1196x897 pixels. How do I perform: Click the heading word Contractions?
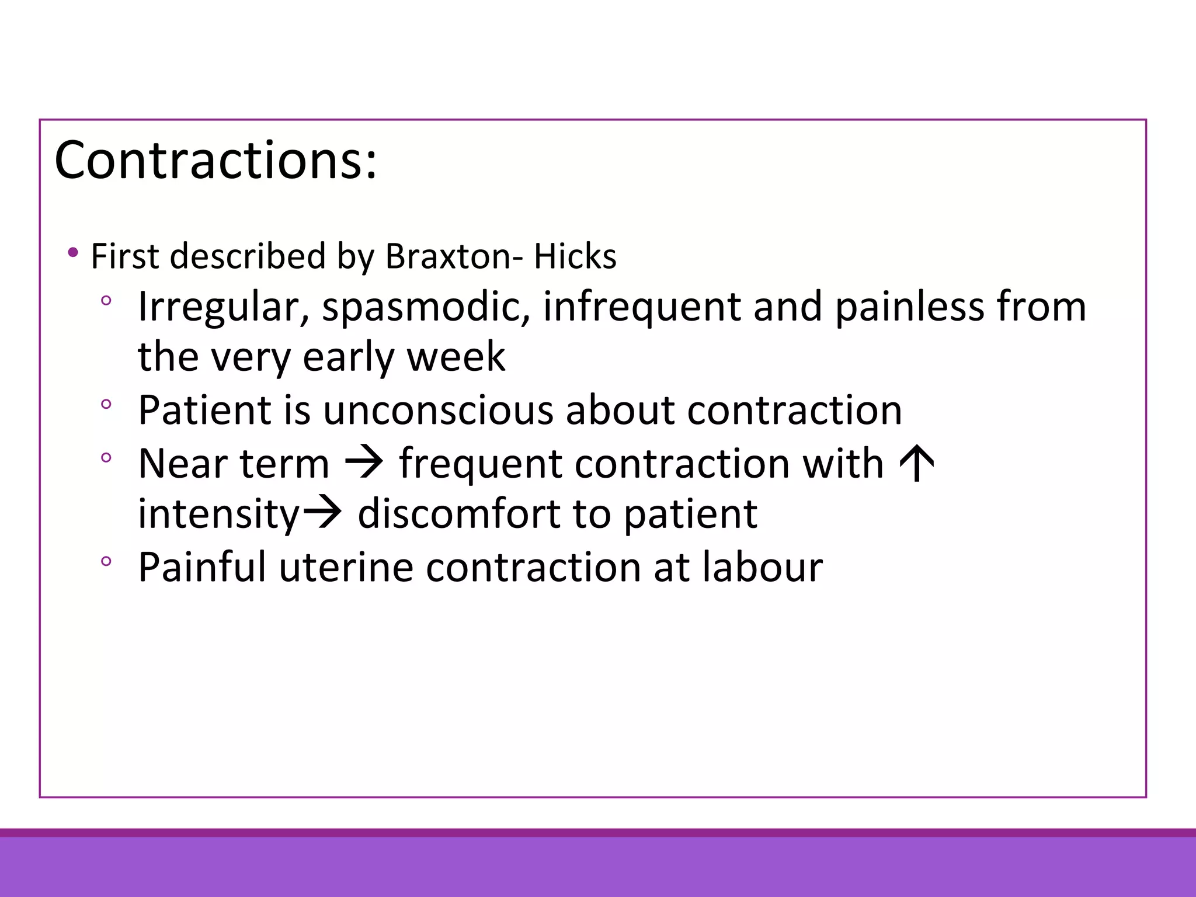(215, 160)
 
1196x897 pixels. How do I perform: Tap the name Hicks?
(575, 256)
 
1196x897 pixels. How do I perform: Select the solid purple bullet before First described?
(72, 253)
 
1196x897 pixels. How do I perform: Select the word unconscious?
(437, 410)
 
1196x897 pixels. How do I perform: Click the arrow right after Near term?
(364, 463)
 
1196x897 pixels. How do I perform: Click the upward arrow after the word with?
(917, 463)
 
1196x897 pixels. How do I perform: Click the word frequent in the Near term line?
(480, 464)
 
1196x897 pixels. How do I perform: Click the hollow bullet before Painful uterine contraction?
(106, 561)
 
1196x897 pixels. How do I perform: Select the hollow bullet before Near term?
(106, 457)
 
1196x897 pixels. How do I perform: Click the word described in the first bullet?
(248, 256)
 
